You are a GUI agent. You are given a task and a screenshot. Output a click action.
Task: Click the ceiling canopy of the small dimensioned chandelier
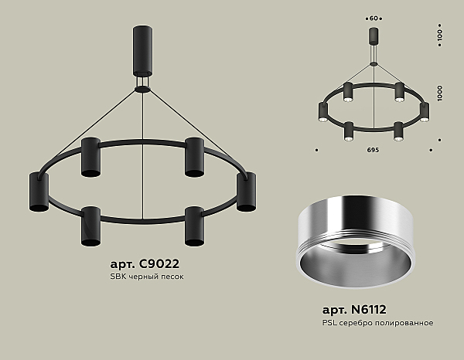373,37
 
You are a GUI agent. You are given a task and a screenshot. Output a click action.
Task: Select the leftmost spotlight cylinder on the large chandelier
39,193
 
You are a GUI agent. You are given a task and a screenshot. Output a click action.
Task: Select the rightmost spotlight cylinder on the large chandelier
247,192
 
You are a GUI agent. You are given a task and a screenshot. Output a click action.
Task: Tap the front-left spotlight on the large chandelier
90,226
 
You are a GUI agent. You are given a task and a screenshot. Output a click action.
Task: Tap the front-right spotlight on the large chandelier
193,226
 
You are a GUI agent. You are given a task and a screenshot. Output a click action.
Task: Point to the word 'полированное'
407,321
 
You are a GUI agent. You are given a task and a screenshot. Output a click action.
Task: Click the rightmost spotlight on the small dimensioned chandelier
425,112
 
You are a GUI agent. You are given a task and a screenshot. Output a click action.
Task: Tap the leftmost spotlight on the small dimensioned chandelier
322,112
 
